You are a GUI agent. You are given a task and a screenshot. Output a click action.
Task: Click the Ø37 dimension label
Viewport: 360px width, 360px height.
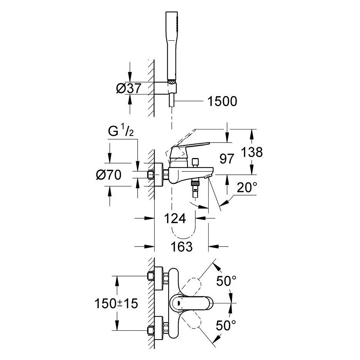tap(128, 88)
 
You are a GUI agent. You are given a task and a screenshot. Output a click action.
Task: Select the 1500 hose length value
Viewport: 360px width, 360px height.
tap(222, 101)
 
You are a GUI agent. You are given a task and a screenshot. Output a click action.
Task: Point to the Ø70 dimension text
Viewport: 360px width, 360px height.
tap(109, 175)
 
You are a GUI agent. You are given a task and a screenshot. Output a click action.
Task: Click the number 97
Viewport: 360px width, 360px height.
tap(227, 159)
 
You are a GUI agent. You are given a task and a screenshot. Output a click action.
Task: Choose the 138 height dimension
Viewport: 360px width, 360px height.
tap(252, 152)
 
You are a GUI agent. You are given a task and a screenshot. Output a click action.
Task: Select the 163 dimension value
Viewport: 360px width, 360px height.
tap(182, 247)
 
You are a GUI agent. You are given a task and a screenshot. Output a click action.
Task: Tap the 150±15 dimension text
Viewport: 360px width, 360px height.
tap(116, 303)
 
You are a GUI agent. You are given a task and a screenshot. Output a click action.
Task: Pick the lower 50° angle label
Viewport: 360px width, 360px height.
tap(226, 325)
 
